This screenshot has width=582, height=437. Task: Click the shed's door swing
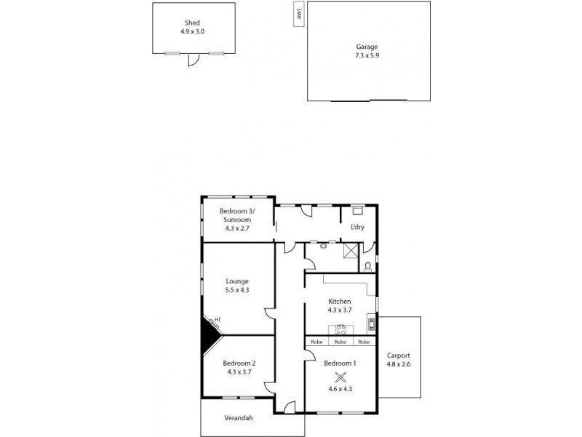[192, 61]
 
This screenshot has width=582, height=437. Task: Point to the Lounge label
[237, 281]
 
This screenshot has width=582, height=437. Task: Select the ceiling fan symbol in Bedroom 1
[340, 377]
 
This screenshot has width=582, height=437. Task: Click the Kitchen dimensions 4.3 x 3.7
[340, 310]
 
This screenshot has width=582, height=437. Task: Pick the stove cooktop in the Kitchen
[340, 328]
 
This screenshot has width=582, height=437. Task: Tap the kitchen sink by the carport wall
[371, 323]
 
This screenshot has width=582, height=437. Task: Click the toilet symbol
[368, 266]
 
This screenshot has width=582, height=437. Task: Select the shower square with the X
[351, 250]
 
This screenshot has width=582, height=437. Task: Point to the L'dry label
[357, 227]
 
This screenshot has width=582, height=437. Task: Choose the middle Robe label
[340, 342]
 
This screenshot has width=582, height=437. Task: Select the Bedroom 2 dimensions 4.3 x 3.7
[239, 372]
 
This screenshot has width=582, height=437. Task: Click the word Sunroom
[237, 220]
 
